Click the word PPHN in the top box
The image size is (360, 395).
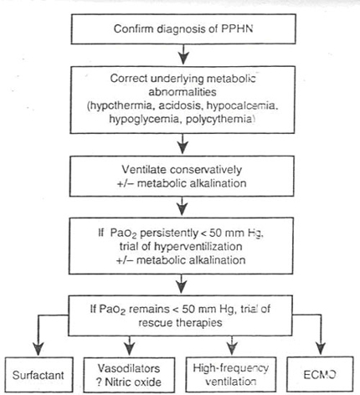coord(237,29)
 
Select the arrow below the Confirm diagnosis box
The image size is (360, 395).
coord(183,54)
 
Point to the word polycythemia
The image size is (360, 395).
coord(220,120)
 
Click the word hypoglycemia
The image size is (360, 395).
coord(144,120)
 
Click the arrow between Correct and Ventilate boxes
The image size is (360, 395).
coord(183,143)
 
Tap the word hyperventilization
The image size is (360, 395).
coord(198,246)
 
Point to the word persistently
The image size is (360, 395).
coord(168,233)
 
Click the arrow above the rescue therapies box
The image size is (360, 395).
coord(182,284)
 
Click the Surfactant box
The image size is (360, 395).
coord(39,375)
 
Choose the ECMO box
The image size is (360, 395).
coord(320,374)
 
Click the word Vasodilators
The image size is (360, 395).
coord(129,368)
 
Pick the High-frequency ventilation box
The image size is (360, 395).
coord(231,374)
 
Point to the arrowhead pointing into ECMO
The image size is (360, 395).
coord(321,349)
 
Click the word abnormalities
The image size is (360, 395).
coord(183,92)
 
